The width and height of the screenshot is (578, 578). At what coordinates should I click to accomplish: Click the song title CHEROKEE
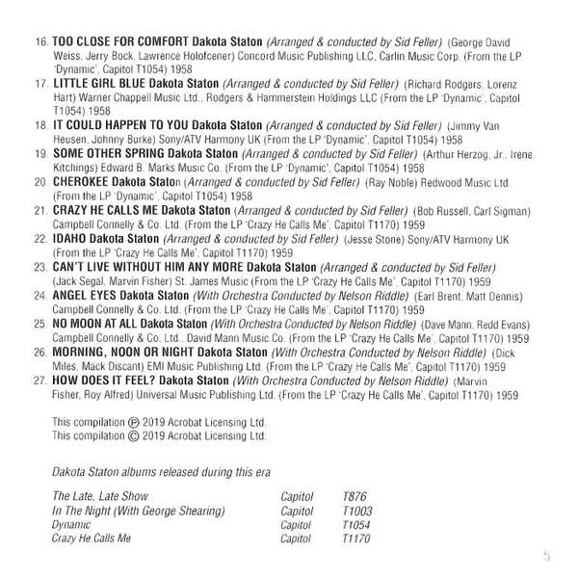80,180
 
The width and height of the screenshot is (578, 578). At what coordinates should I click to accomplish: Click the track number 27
39,381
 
